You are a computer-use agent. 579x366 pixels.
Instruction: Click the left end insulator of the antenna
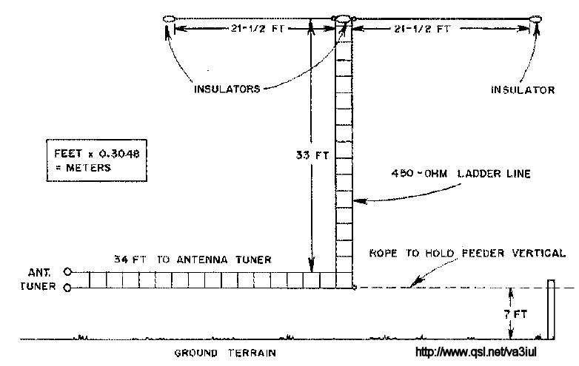[x=168, y=18]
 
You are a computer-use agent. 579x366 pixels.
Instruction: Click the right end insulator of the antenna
[x=535, y=18]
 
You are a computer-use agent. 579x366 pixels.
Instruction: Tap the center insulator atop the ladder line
[x=343, y=19]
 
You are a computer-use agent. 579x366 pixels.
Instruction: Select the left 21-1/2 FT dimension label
[x=257, y=28]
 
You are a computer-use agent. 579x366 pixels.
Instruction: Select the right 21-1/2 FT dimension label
[x=422, y=28]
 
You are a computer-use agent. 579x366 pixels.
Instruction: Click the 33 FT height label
[x=312, y=155]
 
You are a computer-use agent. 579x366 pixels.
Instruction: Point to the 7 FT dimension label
[x=516, y=314]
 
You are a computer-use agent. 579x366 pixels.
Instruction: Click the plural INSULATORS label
[x=227, y=89]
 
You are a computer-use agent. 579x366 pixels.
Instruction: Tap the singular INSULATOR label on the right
[x=523, y=90]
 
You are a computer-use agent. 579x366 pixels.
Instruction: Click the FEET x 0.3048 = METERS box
[x=96, y=160]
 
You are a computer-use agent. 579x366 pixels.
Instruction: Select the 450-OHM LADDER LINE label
[x=461, y=174]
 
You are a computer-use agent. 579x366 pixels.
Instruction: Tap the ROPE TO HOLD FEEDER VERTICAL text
[x=467, y=253]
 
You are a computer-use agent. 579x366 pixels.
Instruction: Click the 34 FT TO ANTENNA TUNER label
[x=193, y=260]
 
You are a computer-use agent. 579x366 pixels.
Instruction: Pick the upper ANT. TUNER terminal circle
[x=67, y=272]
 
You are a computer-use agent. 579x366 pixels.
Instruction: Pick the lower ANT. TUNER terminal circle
[x=67, y=288]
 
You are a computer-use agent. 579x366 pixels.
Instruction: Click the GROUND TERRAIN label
[x=225, y=353]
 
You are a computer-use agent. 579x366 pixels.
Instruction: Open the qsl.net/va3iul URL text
[x=476, y=352]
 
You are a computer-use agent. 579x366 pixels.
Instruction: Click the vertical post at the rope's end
[x=551, y=309]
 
